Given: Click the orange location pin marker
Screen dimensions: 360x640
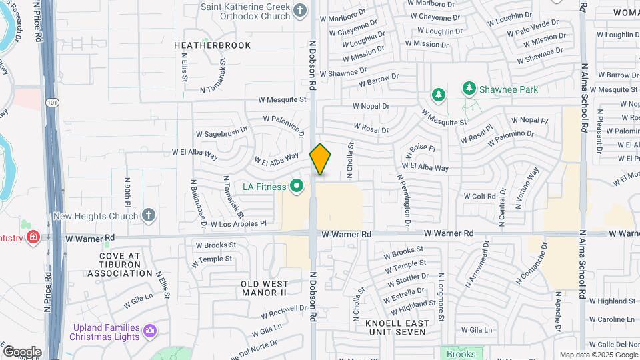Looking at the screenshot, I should (321, 159).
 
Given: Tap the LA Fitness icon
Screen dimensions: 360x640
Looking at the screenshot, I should (297, 187).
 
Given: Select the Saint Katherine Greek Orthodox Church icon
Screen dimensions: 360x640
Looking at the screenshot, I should (300, 9).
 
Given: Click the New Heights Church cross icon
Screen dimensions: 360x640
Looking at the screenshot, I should (148, 216).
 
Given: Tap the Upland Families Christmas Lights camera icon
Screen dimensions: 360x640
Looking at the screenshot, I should (149, 330).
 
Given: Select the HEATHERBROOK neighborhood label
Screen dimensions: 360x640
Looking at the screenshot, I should (212, 45).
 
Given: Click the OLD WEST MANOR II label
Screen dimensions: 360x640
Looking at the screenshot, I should (263, 288).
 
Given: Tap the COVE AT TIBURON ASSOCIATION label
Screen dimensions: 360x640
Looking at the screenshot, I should (120, 265).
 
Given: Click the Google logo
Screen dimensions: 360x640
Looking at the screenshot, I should (21, 352).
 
